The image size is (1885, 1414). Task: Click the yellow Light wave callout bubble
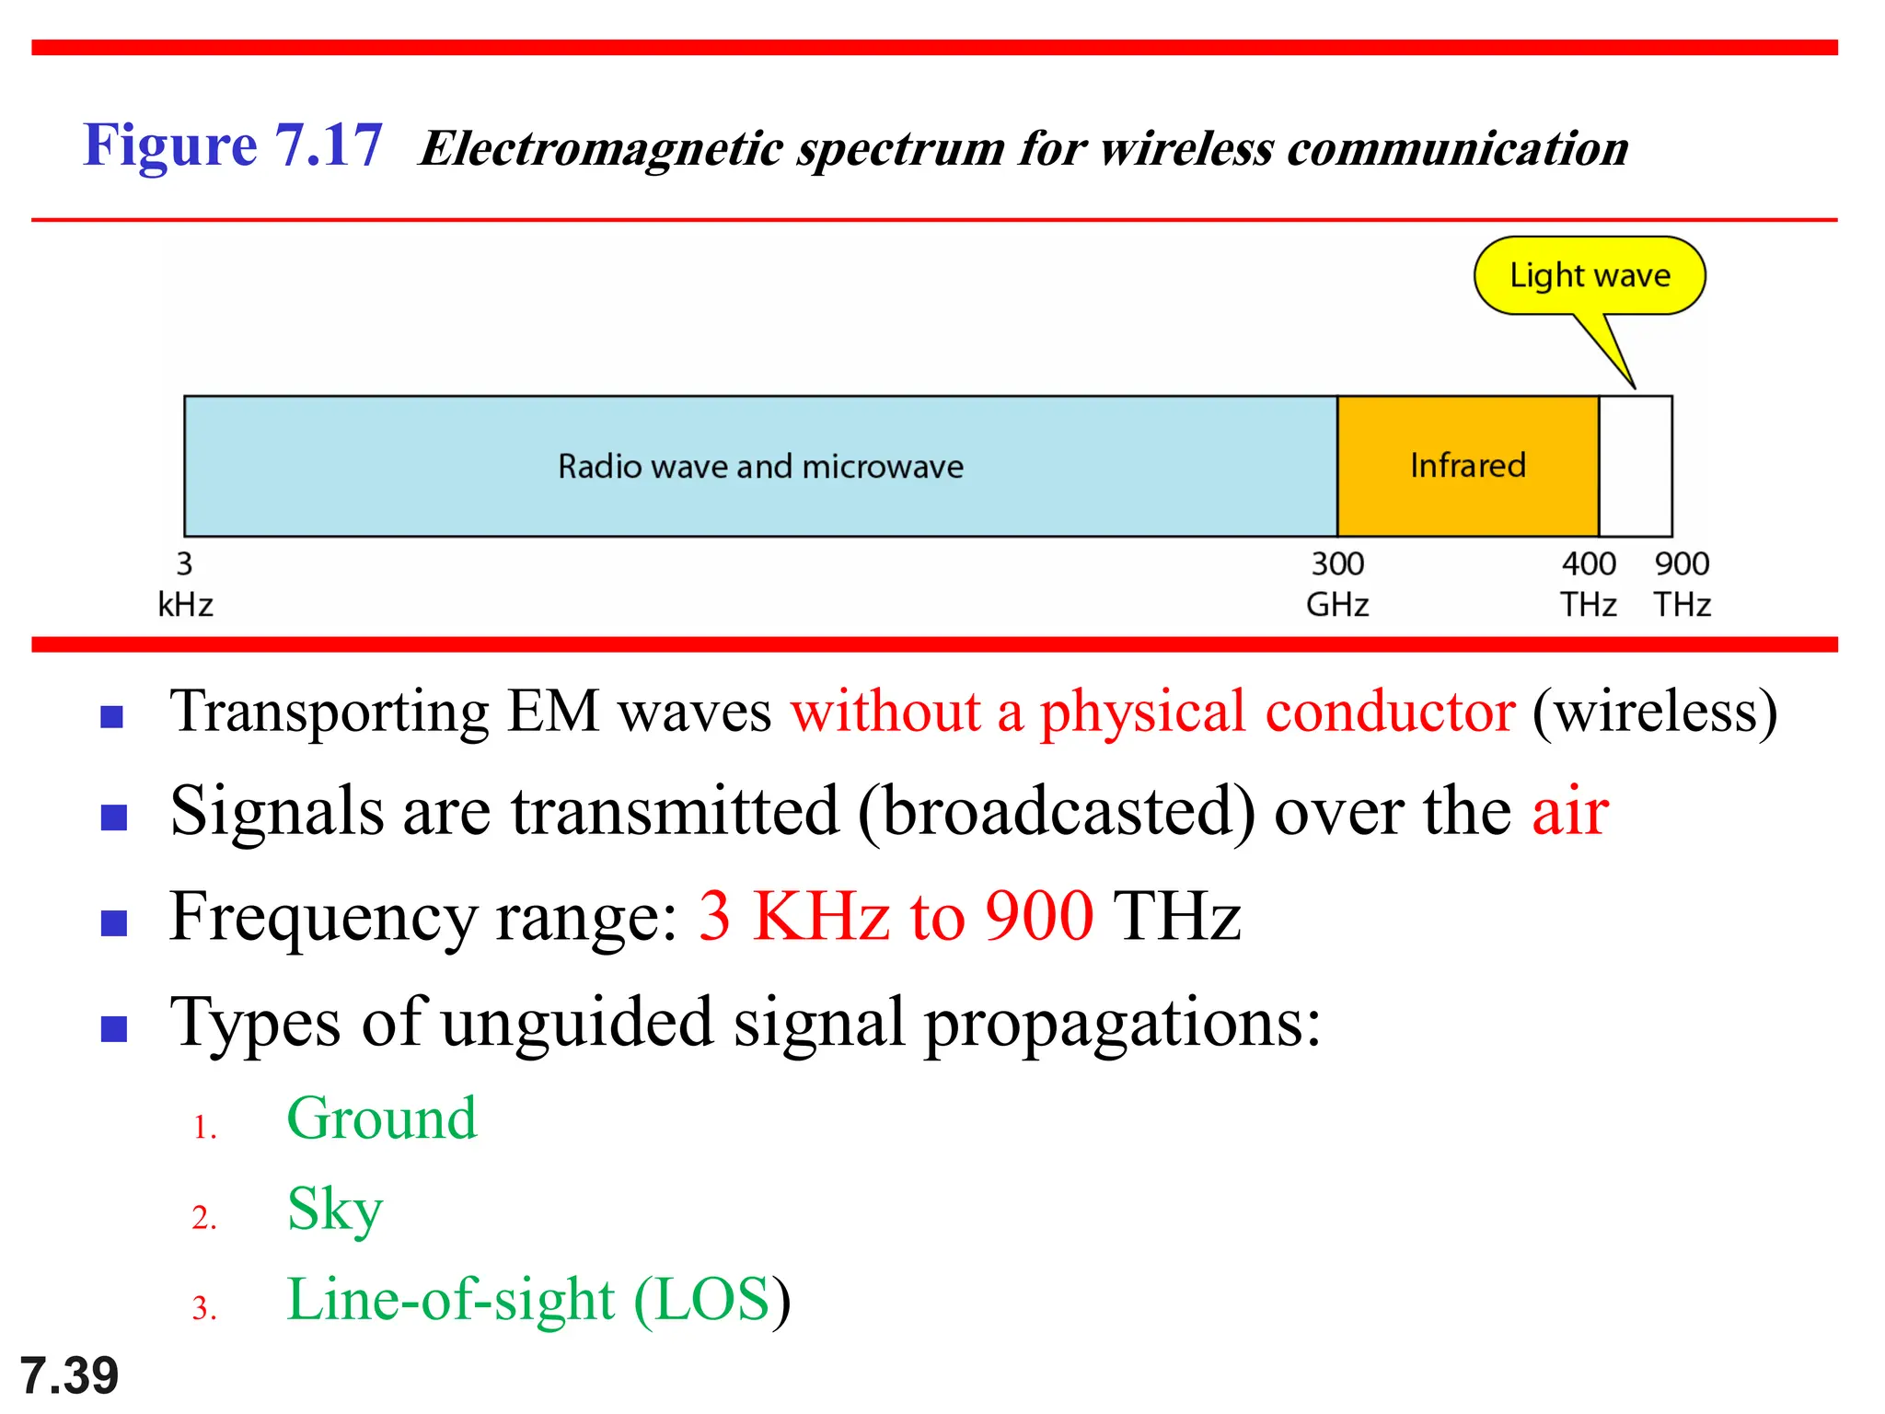pos(1590,276)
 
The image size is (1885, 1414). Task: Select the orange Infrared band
pos(1467,466)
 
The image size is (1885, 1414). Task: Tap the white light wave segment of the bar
pos(1636,466)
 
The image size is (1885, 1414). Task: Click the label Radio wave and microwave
pos(760,467)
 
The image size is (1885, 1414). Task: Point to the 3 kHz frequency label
pos(185,584)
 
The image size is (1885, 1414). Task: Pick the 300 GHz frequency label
pos(1337,584)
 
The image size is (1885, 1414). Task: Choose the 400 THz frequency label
pos(1588,584)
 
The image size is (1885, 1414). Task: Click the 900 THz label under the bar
pos(1682,584)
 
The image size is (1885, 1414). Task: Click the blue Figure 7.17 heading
pos(232,145)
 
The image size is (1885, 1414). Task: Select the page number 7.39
pos(69,1375)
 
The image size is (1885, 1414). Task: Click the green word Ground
pos(381,1118)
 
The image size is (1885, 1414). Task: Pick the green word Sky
pos(334,1210)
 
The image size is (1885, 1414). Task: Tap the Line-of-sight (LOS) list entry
pos(538,1300)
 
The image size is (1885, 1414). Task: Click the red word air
pos(1570,812)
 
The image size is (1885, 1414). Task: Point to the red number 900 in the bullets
pos(1039,917)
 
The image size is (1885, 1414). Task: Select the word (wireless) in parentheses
pos(1654,712)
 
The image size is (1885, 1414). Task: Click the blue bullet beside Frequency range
pos(113,922)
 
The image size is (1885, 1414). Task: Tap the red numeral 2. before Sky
pos(204,1218)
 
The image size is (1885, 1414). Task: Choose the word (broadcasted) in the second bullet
pos(1056,812)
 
